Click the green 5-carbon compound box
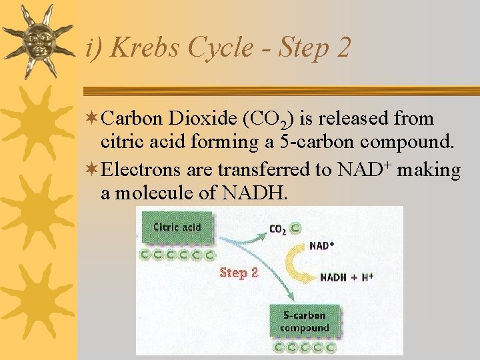(305, 322)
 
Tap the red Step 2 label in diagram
(239, 273)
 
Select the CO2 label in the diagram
(277, 229)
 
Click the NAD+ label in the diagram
(322, 246)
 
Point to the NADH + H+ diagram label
(347, 277)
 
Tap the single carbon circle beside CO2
(295, 228)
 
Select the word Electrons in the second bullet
(141, 171)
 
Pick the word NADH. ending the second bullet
(256, 194)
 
